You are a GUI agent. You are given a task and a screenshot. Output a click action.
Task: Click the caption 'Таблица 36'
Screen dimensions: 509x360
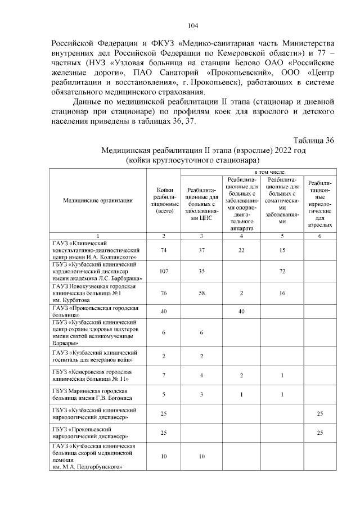coord(314,140)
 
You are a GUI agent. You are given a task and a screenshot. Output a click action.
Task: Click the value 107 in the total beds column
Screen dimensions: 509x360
coord(164,271)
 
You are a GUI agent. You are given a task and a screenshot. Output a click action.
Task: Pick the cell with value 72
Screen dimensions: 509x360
coord(282,271)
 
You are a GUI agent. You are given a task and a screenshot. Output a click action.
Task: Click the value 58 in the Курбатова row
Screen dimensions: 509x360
coord(202,293)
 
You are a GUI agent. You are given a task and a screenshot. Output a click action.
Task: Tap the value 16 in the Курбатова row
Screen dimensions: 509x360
coord(282,293)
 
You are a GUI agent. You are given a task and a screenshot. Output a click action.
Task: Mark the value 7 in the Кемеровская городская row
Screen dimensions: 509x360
coord(164,375)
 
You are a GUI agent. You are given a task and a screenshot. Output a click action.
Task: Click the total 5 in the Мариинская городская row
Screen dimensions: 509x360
coord(164,394)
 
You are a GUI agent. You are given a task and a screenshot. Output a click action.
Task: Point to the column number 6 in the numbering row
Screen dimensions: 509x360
coord(319,235)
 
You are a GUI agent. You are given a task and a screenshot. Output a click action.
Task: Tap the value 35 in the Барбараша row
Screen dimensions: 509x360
coord(202,271)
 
